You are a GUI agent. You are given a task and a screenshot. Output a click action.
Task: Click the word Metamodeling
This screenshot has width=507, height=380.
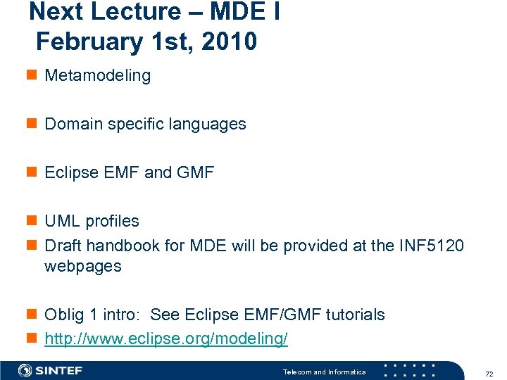tap(97, 76)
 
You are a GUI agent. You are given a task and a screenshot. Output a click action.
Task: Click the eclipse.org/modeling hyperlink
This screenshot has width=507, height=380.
tap(166, 338)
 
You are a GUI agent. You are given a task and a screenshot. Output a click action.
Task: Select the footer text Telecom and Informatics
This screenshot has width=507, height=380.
tap(324, 372)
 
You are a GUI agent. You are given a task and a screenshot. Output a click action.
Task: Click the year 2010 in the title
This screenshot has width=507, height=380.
tap(229, 42)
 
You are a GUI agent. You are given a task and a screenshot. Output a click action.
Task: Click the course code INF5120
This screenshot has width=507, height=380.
tap(431, 246)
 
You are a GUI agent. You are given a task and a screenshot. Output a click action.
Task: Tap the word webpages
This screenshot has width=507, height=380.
tap(83, 267)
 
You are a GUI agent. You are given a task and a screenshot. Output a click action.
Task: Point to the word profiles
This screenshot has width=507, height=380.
tap(112, 221)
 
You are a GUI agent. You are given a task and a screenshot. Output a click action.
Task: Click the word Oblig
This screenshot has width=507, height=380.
tap(63, 315)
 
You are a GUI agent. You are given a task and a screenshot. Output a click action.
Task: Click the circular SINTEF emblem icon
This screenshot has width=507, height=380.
tap(25, 371)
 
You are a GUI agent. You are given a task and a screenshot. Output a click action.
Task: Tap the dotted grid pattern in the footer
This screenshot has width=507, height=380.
tap(410, 371)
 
